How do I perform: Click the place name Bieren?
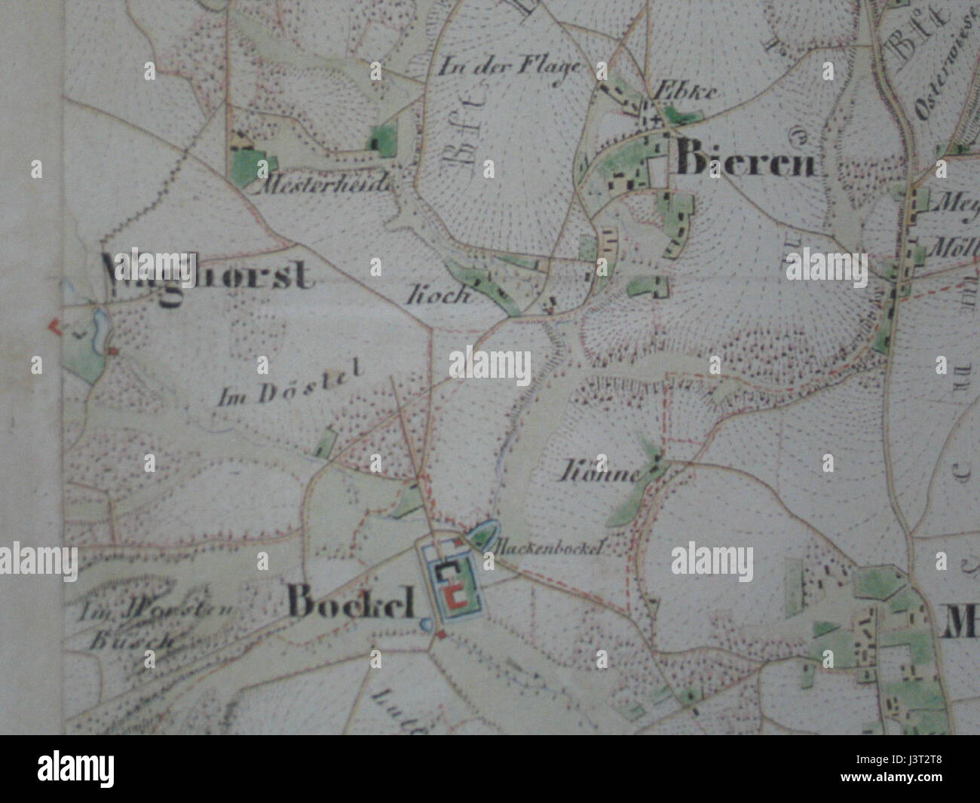pyautogui.click(x=746, y=161)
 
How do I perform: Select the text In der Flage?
pyautogui.click(x=511, y=66)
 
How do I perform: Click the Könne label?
pyautogui.click(x=599, y=473)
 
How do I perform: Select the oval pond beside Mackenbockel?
pyautogui.click(x=482, y=535)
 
